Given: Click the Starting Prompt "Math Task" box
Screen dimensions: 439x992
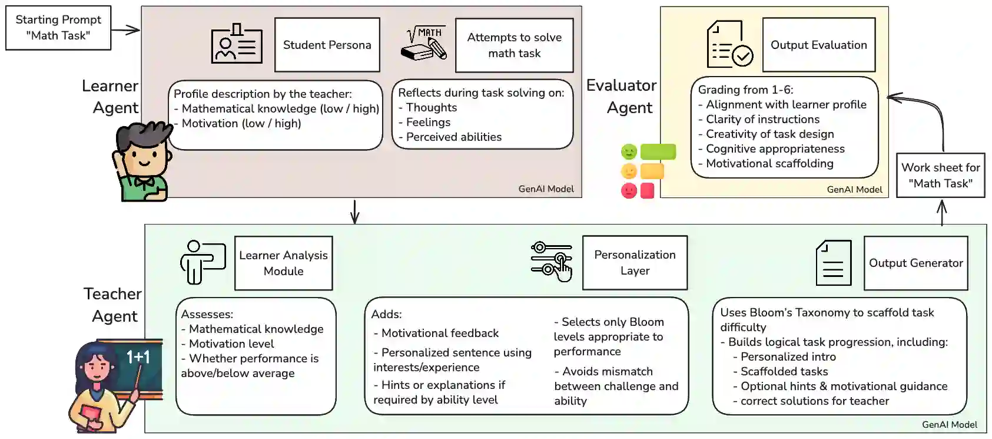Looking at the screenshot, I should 58,28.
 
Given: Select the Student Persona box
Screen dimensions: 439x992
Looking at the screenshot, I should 327,45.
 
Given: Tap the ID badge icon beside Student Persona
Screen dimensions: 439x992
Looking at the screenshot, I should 237,44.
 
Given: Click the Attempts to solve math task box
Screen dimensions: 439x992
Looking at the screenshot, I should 514,45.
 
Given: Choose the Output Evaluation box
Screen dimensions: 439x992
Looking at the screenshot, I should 818,45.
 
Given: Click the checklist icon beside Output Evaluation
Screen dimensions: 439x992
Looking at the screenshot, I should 729,44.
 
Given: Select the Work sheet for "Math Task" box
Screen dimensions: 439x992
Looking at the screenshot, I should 940,176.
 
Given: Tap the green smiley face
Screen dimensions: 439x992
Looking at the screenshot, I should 629,152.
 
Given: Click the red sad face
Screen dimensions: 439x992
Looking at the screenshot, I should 629,191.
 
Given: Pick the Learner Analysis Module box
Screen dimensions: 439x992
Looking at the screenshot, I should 283,263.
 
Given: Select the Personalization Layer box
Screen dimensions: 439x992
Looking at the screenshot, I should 635,263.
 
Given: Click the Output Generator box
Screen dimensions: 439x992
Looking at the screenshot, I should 915,263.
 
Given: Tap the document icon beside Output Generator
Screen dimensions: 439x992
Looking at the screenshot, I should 833,263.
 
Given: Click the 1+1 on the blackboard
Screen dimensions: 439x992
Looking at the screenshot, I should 138,357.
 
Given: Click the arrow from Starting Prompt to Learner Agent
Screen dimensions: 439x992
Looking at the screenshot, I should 125,29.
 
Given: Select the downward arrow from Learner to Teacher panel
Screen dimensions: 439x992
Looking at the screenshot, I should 354,212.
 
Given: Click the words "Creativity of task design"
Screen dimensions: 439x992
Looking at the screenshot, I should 769,134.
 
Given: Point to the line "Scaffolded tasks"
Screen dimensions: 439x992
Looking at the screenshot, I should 784,371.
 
